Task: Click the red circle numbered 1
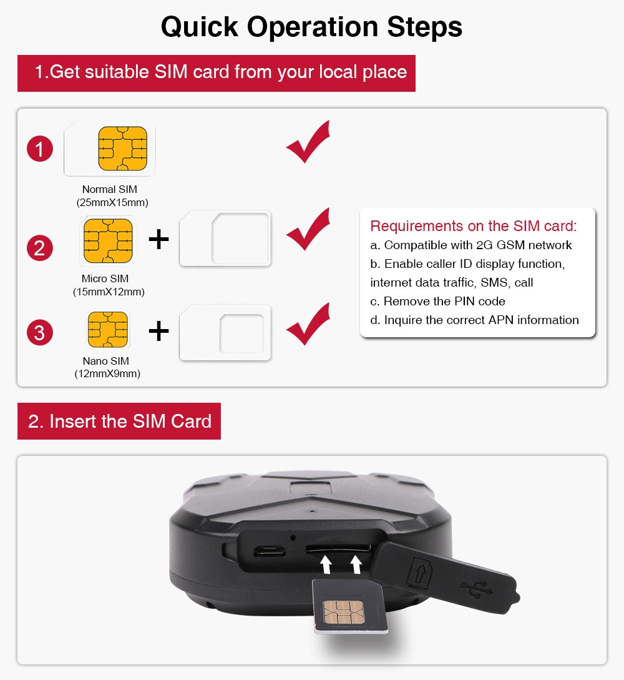coord(40,149)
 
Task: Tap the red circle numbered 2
coord(40,248)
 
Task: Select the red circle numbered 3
coord(40,333)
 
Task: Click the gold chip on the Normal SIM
coord(123,149)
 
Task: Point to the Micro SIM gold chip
coord(108,240)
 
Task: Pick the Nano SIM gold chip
coord(108,330)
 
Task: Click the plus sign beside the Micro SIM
coord(158,239)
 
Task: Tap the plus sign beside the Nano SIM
coord(158,332)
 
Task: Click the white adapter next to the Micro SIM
coord(225,239)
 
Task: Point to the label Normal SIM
coord(110,190)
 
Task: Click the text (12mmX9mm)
coord(107,374)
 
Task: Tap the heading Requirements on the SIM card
coord(474,226)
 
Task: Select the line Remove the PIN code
coord(437,301)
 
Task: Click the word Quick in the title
coord(199,27)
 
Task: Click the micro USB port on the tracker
coord(270,551)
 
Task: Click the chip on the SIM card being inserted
coord(344,613)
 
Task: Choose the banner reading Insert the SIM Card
coord(119,421)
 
